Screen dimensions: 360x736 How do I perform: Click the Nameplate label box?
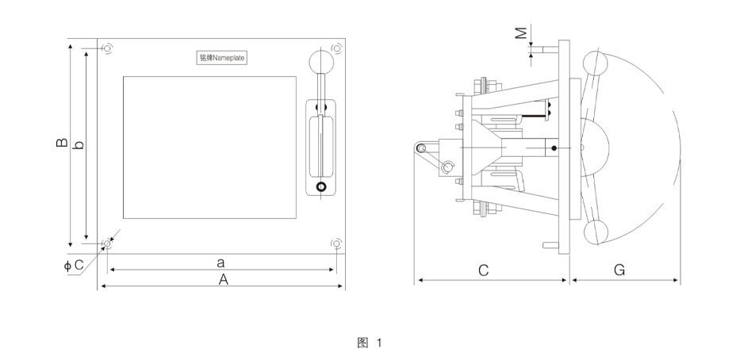[222, 58]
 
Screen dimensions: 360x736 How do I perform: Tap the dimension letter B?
[61, 144]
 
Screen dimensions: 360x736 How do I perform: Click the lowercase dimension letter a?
[221, 261]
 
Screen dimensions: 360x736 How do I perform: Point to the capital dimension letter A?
[224, 278]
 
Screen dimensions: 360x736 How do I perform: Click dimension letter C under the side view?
[483, 270]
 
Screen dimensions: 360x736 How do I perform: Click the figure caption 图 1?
[370, 343]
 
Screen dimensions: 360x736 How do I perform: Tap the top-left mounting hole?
[107, 49]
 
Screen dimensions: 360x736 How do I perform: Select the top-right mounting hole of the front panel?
[336, 49]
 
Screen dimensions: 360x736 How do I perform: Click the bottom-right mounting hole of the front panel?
[336, 243]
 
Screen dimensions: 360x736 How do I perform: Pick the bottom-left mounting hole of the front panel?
[107, 243]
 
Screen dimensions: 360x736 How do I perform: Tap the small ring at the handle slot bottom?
[321, 187]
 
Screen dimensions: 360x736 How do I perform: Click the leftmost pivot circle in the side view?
[421, 148]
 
